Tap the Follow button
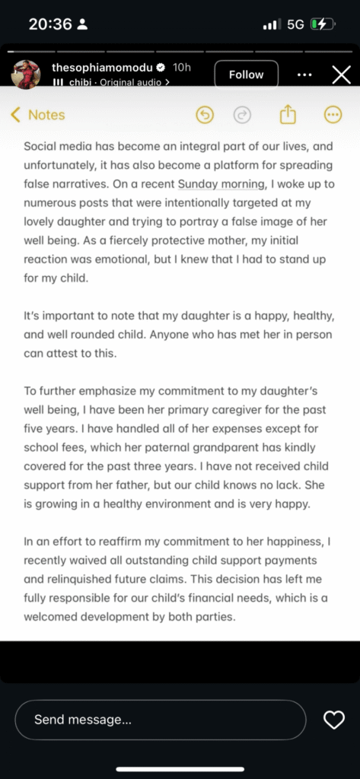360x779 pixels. [246, 75]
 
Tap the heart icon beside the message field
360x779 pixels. [333, 720]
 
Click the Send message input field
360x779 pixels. [160, 720]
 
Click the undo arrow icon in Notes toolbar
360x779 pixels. [205, 115]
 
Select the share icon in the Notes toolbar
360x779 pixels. [287, 115]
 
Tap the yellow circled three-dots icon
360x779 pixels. [333, 115]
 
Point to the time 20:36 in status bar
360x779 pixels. [49, 24]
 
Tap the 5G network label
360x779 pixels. [295, 24]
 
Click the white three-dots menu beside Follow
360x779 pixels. [304, 75]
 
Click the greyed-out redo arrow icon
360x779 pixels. [242, 115]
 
